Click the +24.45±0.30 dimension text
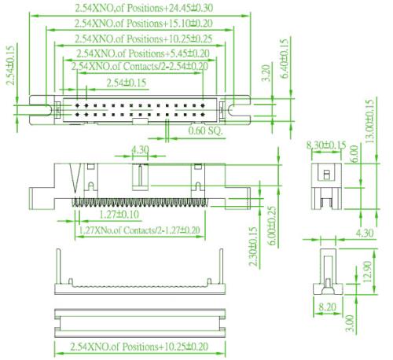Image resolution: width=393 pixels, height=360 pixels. (x=189, y=8)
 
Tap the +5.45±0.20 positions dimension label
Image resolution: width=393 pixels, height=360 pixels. (x=187, y=53)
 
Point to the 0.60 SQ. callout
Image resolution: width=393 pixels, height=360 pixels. (x=205, y=130)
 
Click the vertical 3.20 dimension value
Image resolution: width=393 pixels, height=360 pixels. (x=266, y=73)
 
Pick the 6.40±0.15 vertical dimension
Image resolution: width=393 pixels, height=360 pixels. (x=285, y=58)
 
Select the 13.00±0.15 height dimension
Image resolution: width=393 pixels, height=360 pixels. (x=369, y=121)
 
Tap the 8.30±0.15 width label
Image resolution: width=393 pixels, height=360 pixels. (x=326, y=145)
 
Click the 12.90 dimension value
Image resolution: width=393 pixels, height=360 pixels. (x=368, y=271)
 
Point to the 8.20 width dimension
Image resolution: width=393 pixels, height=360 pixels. (x=327, y=307)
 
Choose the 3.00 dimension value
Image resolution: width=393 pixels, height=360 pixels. (x=350, y=323)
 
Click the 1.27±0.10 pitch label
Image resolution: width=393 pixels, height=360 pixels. (x=119, y=215)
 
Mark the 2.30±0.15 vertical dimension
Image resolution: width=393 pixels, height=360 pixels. (x=253, y=246)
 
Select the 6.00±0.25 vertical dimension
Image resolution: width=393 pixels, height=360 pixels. (x=273, y=226)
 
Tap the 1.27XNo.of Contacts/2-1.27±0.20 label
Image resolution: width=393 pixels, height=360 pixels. (x=139, y=230)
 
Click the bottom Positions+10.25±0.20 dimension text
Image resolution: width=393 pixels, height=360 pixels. (x=139, y=347)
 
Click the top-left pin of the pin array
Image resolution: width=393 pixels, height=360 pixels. (x=77, y=105)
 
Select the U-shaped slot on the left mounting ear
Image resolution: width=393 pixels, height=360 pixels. (x=44, y=110)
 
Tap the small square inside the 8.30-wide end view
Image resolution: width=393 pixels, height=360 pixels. (x=326, y=174)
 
